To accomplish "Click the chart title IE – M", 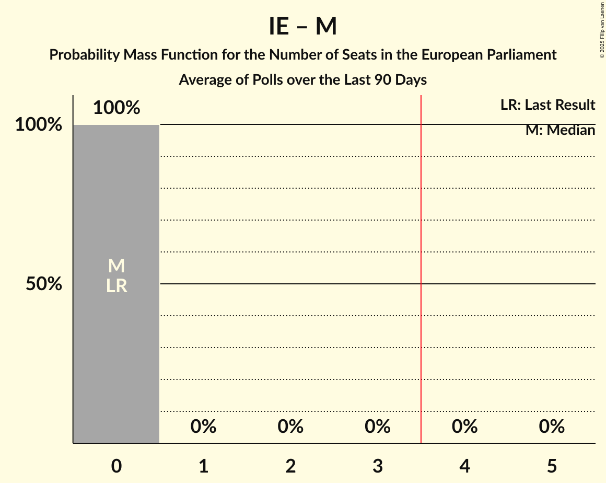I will [302, 27].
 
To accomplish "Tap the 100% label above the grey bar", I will [116, 108].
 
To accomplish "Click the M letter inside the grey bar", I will [116, 266].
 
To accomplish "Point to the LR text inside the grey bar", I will [116, 286].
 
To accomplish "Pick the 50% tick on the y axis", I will [44, 284].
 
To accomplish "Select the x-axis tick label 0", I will [116, 466].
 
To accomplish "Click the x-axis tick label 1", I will [204, 466].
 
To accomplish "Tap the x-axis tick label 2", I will [290, 466].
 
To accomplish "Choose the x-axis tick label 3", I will [378, 466].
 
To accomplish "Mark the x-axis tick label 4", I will [465, 466].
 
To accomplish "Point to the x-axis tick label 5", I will [552, 466].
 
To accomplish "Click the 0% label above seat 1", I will [204, 427].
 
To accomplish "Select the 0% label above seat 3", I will [378, 427].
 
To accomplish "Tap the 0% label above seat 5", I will [552, 427].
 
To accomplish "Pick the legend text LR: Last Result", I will [547, 105].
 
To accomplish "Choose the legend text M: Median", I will [560, 130].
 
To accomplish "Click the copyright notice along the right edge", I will [601, 30].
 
